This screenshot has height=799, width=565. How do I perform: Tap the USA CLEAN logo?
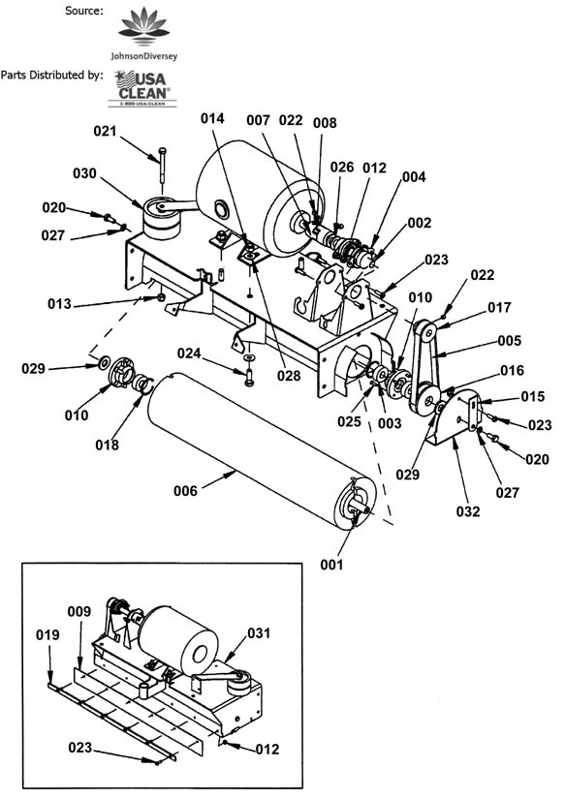coord(142,88)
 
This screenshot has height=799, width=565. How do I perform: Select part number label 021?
coord(105,131)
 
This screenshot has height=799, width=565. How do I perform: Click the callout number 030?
coord(84,173)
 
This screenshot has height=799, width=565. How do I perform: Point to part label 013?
coord(59,304)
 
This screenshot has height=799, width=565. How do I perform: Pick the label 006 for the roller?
coord(185,491)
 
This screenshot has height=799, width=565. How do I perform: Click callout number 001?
coord(331,565)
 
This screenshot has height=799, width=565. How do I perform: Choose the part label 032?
coord(468,511)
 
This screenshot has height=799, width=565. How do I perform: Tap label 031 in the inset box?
coord(259,632)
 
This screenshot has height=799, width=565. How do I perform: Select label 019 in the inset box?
coord(47,635)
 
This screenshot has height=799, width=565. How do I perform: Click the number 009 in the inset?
coord(79,611)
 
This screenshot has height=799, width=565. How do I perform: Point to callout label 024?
coord(189,353)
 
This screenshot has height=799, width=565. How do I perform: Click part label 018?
coord(107,445)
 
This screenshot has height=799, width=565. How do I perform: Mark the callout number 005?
coord(510,340)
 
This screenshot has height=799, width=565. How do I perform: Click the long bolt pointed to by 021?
coord(162,164)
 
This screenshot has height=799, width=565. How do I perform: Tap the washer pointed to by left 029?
coord(104,363)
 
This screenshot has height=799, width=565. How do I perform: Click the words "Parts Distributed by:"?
coord(51,75)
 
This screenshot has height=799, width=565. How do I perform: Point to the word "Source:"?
coord(83,11)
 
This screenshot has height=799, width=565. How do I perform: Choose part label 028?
coord(289,376)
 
